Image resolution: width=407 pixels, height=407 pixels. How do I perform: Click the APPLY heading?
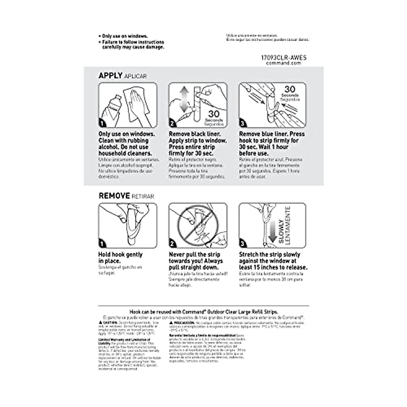[x=110, y=75]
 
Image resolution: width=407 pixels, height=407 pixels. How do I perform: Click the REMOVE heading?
[x=114, y=196]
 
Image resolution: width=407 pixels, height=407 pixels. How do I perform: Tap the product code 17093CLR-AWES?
[x=284, y=58]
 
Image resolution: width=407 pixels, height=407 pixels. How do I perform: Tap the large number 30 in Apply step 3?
[x=290, y=89]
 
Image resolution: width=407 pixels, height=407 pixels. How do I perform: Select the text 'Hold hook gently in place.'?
[x=120, y=258]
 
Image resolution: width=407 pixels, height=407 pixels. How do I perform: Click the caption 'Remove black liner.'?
[x=194, y=134]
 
